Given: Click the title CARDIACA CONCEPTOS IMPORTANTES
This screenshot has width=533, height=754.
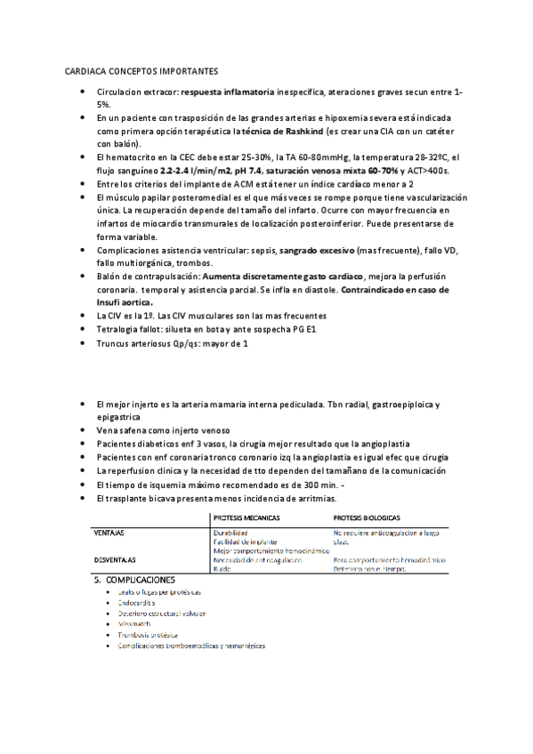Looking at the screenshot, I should (x=142, y=71).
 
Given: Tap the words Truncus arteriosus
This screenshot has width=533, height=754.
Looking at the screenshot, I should (x=134, y=342).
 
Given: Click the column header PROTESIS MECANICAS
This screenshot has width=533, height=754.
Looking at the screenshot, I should (x=247, y=517).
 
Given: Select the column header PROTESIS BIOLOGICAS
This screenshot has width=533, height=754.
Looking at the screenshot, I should (x=367, y=517).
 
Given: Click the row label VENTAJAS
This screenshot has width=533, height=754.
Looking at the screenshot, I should (x=108, y=533).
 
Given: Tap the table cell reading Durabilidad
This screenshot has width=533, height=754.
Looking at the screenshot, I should (x=230, y=533).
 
